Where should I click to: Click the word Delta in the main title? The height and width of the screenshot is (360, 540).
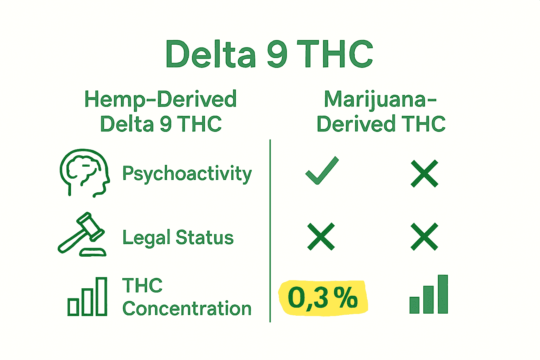210,54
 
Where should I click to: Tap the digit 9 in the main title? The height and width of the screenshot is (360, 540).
277,54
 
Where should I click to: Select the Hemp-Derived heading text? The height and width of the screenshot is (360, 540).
160,99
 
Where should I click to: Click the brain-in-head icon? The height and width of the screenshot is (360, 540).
84,172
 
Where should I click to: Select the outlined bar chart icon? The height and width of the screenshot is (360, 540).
87,297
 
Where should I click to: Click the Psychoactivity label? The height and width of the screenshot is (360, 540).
187,174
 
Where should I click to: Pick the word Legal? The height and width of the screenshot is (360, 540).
146,238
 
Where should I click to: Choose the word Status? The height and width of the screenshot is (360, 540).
205,238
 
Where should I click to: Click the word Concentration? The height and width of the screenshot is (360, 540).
187,309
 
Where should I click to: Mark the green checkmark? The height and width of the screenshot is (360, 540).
322,171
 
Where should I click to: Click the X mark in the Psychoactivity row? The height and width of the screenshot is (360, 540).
424,173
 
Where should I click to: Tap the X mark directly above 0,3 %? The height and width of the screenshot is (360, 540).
321,237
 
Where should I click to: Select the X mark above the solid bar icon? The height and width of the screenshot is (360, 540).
424,237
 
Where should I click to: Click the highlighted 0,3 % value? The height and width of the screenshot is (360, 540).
323,298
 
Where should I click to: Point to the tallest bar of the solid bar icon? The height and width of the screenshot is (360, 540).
443,294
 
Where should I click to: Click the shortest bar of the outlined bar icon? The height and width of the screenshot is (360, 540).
73,307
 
